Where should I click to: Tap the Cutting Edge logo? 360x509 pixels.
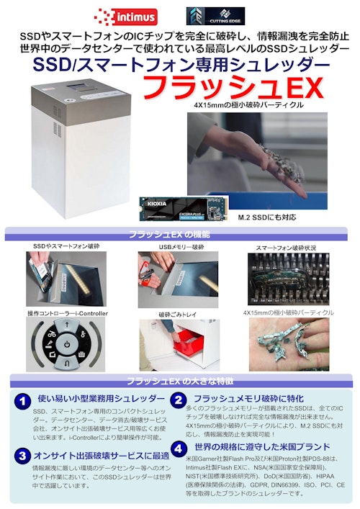click(x=215, y=15)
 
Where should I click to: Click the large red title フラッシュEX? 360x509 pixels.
click(x=230, y=87)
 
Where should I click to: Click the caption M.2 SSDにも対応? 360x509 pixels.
click(x=266, y=215)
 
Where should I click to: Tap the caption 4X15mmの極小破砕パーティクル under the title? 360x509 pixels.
click(x=248, y=105)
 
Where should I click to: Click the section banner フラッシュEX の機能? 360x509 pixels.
click(x=176, y=235)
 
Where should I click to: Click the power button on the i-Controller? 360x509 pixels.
click(x=66, y=344)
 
